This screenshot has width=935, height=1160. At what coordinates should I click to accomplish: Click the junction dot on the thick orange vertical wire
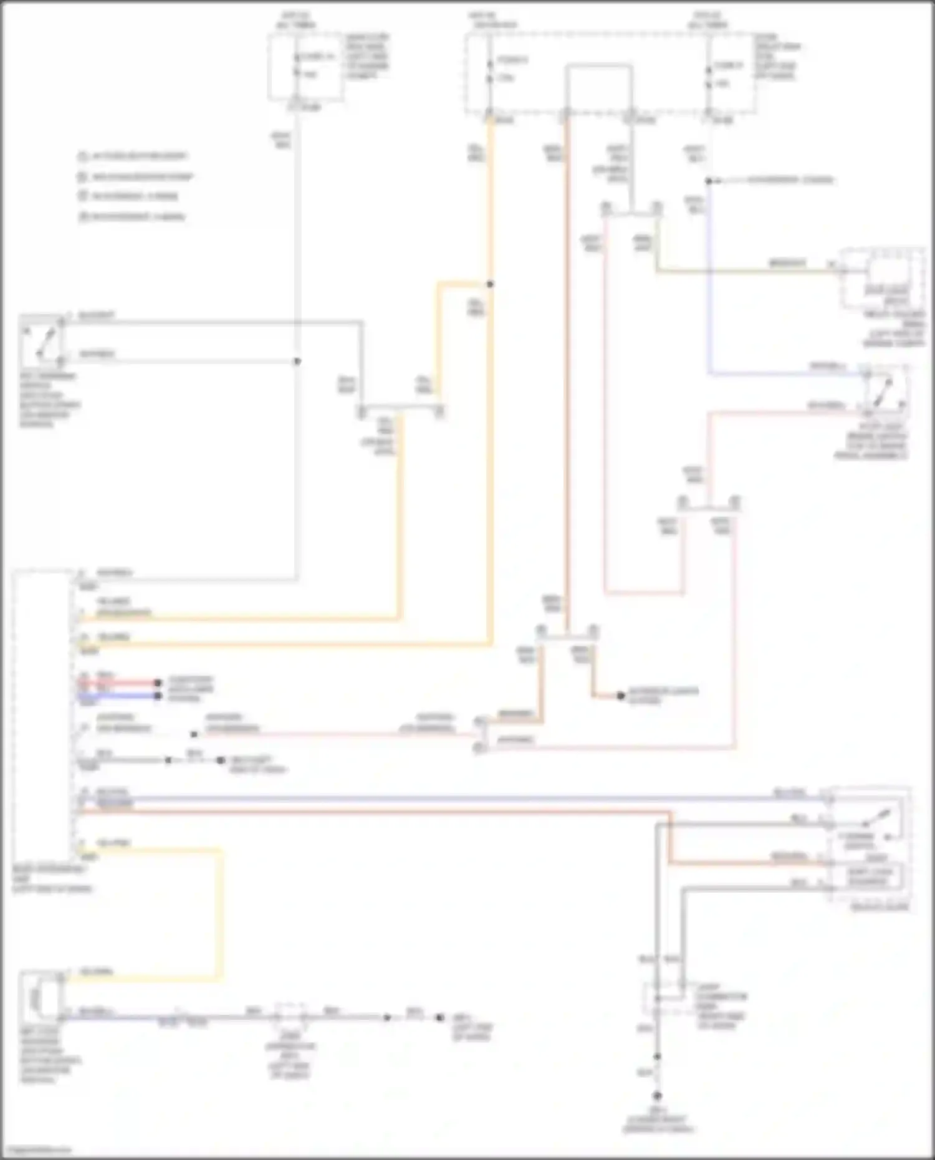tap(491, 284)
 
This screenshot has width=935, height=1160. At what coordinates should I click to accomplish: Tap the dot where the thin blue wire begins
tap(709, 181)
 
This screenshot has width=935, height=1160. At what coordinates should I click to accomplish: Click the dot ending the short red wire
tap(158, 683)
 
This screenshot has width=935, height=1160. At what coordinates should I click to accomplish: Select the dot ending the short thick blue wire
tap(158, 696)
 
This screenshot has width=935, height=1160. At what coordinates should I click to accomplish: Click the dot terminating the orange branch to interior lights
tap(621, 696)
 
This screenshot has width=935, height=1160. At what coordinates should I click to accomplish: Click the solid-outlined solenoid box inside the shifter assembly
tap(870, 876)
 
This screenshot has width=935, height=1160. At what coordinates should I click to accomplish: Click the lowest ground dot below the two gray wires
tap(657, 1095)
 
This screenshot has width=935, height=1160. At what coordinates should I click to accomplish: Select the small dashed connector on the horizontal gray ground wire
tap(290, 1017)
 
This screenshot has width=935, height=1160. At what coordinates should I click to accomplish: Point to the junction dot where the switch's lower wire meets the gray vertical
tap(297, 362)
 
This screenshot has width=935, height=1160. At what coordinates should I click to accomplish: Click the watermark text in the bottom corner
tap(36, 1149)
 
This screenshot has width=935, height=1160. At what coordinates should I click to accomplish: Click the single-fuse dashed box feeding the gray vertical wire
tap(305, 67)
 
